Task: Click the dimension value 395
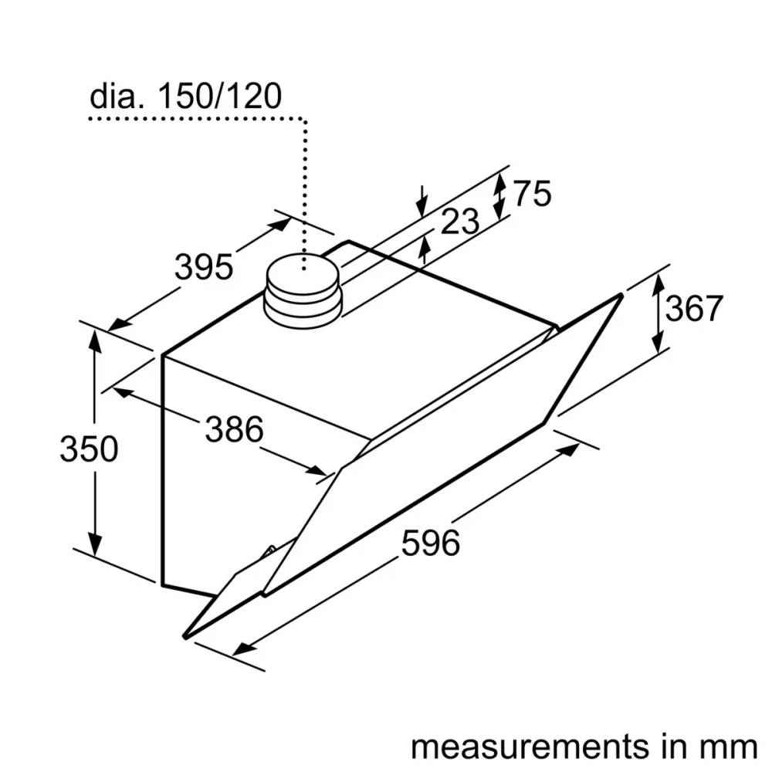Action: [x=203, y=267]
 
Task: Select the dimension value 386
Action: [x=234, y=429]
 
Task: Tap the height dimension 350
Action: [x=89, y=449]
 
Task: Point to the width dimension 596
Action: [x=431, y=543]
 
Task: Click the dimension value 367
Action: [x=693, y=309]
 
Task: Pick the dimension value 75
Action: [x=533, y=195]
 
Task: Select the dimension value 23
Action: [x=460, y=222]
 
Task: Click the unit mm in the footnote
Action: [x=730, y=747]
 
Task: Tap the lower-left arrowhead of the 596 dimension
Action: [x=245, y=647]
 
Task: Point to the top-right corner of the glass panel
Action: [x=620, y=295]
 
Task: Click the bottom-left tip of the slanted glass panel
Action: [x=185, y=635]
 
